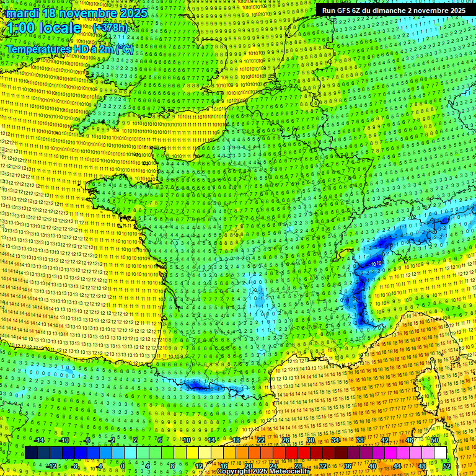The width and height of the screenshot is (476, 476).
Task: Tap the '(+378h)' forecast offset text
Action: click(110, 28)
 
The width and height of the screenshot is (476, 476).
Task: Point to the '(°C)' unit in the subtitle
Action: click(124, 49)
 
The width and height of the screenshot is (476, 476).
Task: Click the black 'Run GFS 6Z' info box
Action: click(394, 11)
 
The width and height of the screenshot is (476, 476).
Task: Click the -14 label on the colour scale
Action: click(38, 440)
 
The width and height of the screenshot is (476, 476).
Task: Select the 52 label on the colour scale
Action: click(446, 466)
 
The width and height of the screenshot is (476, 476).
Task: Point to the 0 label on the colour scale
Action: click(123, 466)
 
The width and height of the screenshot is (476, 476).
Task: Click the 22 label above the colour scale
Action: click(261, 440)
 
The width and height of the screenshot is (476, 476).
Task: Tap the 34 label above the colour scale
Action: click(335, 440)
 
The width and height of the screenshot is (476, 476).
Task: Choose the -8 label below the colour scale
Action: click(74, 466)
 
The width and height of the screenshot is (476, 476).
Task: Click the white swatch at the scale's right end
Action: click(440, 453)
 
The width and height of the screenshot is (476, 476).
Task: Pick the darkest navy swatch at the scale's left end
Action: click(31, 453)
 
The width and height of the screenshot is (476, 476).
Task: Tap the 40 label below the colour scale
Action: click(372, 466)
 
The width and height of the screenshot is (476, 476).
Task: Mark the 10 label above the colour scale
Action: click(186, 440)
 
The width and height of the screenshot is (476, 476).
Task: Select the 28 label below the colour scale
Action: click(297, 466)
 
